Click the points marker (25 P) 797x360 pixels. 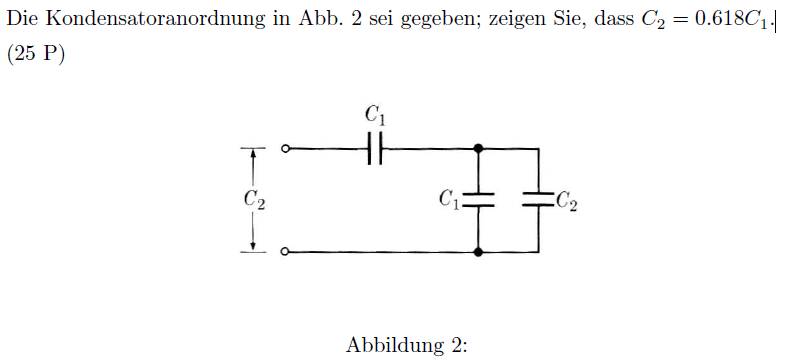(36, 55)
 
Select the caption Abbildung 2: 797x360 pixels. (406, 346)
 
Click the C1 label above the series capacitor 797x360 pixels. (375, 117)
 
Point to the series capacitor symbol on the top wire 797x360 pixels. (375, 149)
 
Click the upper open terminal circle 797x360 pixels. (286, 149)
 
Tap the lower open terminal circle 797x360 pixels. (286, 252)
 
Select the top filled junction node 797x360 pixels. (478, 149)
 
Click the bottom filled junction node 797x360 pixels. (478, 252)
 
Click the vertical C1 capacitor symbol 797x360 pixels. (478, 200)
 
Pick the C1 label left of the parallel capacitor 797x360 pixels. (450, 199)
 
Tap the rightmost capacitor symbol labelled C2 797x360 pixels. (538, 200)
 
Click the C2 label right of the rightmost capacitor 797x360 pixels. (566, 201)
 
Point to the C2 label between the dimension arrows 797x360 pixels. (254, 200)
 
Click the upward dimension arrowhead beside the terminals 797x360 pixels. (254, 155)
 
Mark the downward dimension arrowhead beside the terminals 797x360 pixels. (254, 246)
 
